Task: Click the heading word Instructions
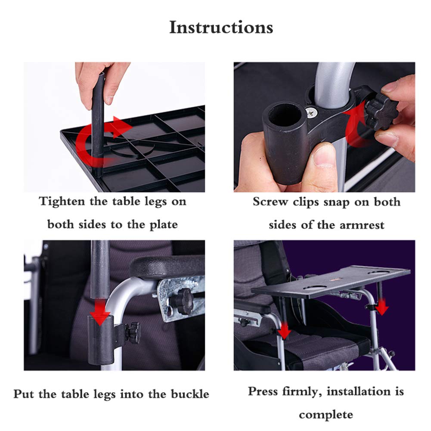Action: (x=221, y=28)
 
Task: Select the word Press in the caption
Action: (x=264, y=391)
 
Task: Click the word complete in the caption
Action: (x=326, y=414)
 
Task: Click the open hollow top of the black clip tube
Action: (x=285, y=112)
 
